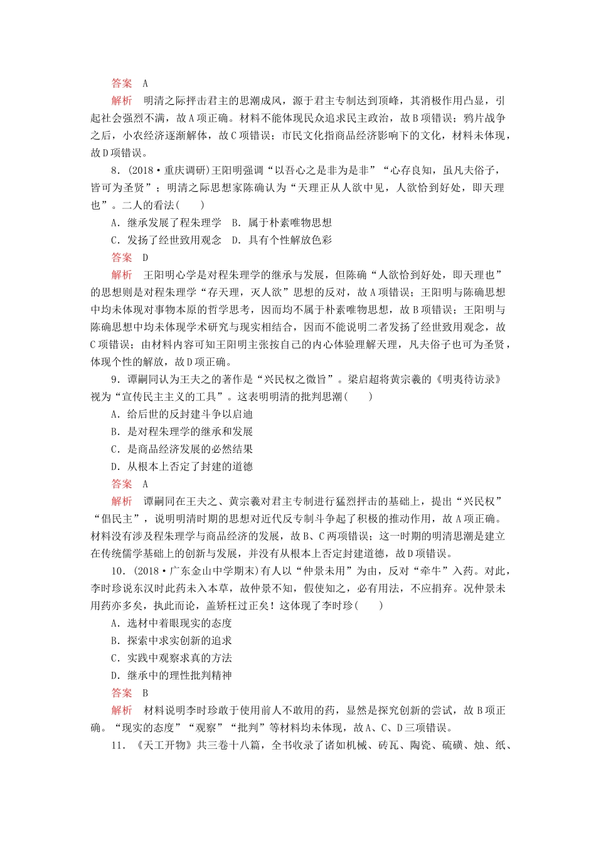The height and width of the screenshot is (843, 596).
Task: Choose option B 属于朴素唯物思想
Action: click(x=282, y=223)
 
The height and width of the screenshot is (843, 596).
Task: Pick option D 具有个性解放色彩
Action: click(x=282, y=240)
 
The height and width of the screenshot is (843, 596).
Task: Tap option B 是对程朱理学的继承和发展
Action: click(x=182, y=432)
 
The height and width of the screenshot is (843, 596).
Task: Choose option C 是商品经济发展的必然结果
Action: click(x=182, y=449)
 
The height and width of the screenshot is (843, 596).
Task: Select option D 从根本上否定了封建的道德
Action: click(x=182, y=467)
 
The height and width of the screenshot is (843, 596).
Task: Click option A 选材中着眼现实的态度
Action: click(x=171, y=623)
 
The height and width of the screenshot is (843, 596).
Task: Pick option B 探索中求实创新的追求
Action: click(x=171, y=640)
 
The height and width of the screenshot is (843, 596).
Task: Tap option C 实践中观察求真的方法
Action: click(x=171, y=658)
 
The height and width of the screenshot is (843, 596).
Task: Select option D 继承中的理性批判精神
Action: click(x=171, y=676)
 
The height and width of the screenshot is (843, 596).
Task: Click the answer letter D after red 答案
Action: click(x=146, y=257)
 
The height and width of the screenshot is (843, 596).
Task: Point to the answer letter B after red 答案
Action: click(x=146, y=693)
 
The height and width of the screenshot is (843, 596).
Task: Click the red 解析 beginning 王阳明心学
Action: click(x=122, y=275)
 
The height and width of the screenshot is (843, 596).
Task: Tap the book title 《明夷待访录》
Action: click(x=468, y=379)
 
